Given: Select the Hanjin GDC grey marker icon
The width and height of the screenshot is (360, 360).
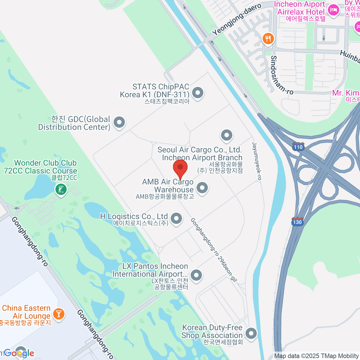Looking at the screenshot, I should [x=119, y=122].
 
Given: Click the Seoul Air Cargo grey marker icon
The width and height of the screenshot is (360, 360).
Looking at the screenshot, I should [x=226, y=135].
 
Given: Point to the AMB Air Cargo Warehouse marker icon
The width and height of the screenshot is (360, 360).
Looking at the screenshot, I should [x=202, y=188].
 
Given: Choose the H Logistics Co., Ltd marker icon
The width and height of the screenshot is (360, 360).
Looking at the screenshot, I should [x=176, y=218].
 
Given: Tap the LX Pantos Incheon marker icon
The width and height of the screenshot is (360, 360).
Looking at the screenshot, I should [x=196, y=275].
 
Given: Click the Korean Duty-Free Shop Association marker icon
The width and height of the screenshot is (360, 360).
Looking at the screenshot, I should [x=251, y=333].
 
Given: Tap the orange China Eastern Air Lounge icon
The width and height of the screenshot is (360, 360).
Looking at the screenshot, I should [x=58, y=314].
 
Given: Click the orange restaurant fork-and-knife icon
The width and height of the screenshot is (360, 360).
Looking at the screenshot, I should [x=268, y=39].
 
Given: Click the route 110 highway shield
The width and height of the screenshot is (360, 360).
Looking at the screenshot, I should [x=298, y=147].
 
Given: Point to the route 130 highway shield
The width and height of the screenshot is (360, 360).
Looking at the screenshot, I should [x=297, y=222].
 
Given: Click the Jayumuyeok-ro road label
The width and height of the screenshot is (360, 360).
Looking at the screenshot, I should [x=257, y=161].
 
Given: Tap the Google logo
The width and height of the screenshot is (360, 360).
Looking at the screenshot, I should [x=19, y=353].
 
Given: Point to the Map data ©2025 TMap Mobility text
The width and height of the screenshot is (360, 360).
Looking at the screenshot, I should [x=316, y=356].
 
